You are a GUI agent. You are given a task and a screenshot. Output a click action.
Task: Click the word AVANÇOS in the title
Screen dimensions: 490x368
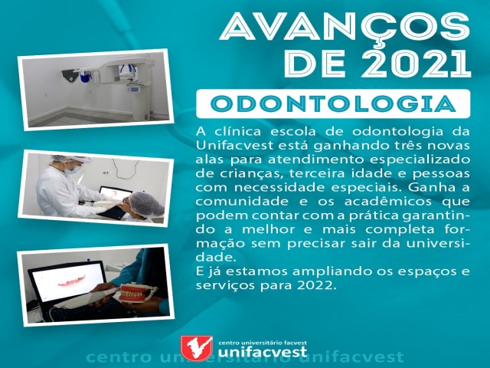click(x=345, y=26)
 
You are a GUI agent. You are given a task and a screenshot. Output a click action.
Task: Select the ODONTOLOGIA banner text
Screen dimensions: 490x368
click(x=333, y=104)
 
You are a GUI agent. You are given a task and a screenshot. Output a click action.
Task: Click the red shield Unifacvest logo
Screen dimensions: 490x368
click(x=197, y=347)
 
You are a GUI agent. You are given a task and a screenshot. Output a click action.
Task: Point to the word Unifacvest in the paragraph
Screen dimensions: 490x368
click(x=230, y=146)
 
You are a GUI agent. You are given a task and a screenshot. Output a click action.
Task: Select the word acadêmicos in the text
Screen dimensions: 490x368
click(x=388, y=202)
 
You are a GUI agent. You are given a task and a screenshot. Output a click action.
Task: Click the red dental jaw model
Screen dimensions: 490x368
click(x=135, y=292)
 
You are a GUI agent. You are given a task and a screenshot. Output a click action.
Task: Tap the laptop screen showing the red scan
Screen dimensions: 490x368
click(x=68, y=281)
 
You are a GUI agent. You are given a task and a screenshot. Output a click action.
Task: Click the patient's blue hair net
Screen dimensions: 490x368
click(x=146, y=204)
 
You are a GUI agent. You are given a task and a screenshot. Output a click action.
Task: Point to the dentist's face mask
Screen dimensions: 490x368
click(x=73, y=169)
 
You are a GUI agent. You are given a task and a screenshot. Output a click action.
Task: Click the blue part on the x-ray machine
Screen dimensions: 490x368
click(x=85, y=77)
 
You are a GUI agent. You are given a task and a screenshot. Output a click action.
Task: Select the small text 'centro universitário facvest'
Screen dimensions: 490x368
click(x=263, y=343)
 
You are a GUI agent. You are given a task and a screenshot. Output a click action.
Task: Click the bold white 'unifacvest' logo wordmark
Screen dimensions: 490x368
click(x=263, y=352)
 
